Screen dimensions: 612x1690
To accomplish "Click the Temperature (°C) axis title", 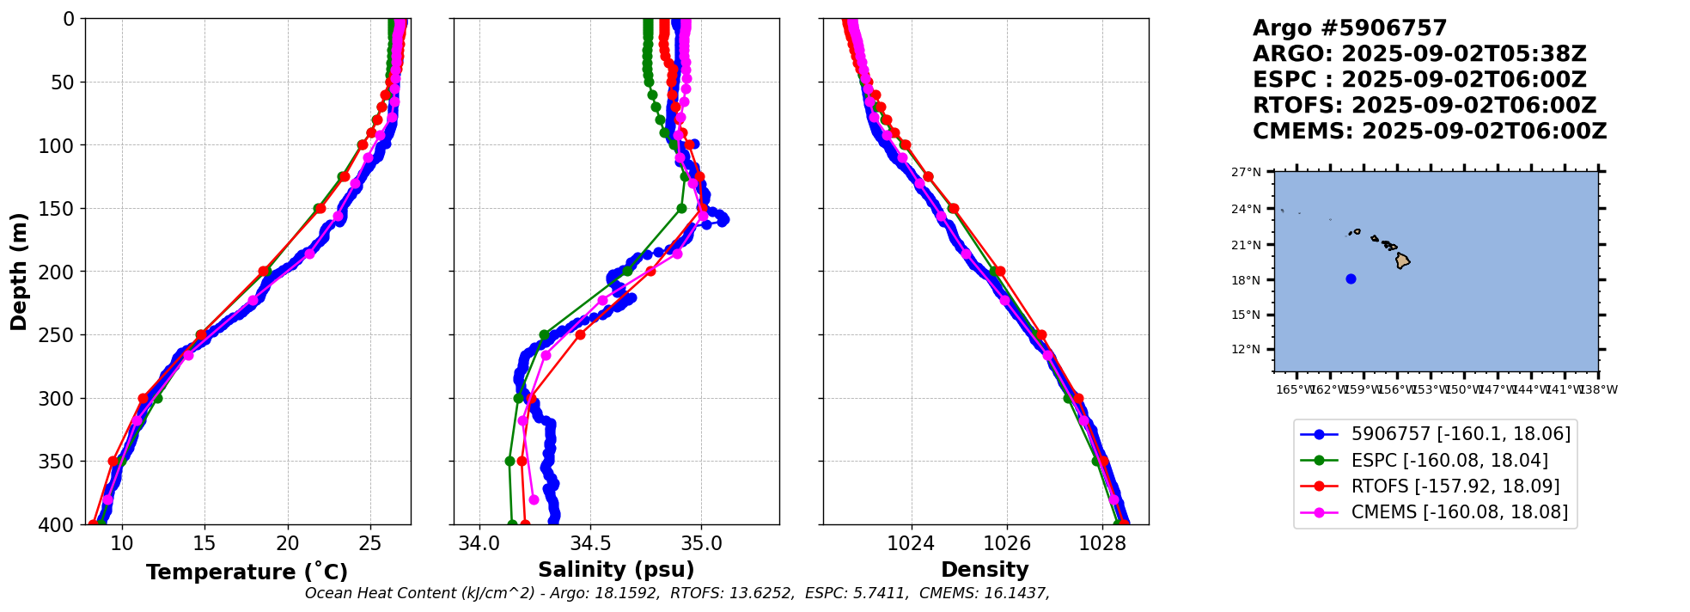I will pyautogui.click(x=247, y=572).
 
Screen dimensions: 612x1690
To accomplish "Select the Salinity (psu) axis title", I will pyautogui.click(x=616, y=570).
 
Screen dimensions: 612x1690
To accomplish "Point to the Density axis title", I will pyautogui.click(x=985, y=570).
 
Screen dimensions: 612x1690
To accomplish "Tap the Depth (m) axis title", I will pyautogui.click(x=19, y=271).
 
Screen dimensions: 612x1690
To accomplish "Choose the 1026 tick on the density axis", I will pyautogui.click(x=1006, y=543).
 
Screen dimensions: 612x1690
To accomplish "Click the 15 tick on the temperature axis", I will pyautogui.click(x=204, y=543).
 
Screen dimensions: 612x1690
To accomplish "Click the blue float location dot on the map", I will pyautogui.click(x=1351, y=278).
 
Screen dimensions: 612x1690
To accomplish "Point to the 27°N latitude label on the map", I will pyautogui.click(x=1246, y=173).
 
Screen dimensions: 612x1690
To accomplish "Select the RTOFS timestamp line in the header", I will pyautogui.click(x=1424, y=106).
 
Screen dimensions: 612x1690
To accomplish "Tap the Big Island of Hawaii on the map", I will pyautogui.click(x=1402, y=260).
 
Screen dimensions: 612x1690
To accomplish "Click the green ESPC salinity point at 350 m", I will pyautogui.click(x=509, y=461).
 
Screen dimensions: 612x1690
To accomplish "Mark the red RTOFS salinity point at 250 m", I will pyautogui.click(x=580, y=334).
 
